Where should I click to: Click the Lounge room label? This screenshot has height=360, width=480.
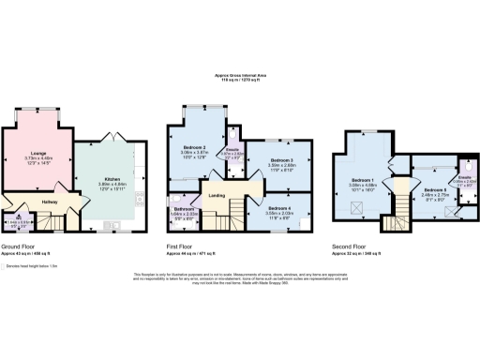[x=39, y=154]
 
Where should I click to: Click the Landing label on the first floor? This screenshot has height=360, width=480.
[x=216, y=195]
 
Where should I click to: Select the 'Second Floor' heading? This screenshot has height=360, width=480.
[x=349, y=247]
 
